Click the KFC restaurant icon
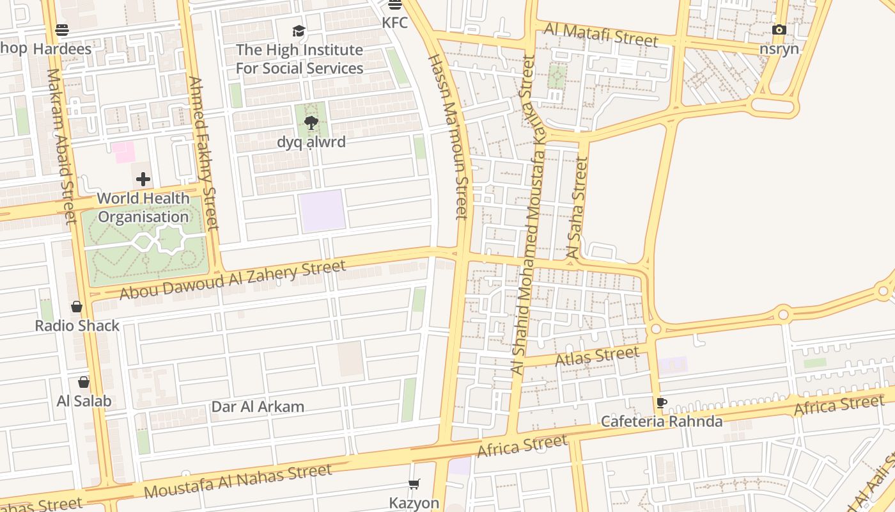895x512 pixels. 395,5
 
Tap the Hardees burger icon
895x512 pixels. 62,29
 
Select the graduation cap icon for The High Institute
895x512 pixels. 299,31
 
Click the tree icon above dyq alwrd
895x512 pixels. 311,123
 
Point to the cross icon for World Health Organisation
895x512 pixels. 143,179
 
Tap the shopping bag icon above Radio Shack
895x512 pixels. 77,307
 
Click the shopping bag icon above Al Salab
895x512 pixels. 84,382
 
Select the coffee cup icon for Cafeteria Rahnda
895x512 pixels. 662,403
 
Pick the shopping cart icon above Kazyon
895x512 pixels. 414,484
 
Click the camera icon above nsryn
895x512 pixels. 779,29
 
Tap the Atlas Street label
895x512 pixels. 597,356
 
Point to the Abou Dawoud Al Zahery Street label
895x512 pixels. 233,279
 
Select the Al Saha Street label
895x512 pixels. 577,209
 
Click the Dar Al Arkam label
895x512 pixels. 258,407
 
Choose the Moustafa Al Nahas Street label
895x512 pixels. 238,481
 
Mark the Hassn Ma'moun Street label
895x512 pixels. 448,137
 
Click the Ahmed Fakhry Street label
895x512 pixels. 204,154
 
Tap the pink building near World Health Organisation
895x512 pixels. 123,152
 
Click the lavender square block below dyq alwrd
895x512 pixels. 322,211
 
